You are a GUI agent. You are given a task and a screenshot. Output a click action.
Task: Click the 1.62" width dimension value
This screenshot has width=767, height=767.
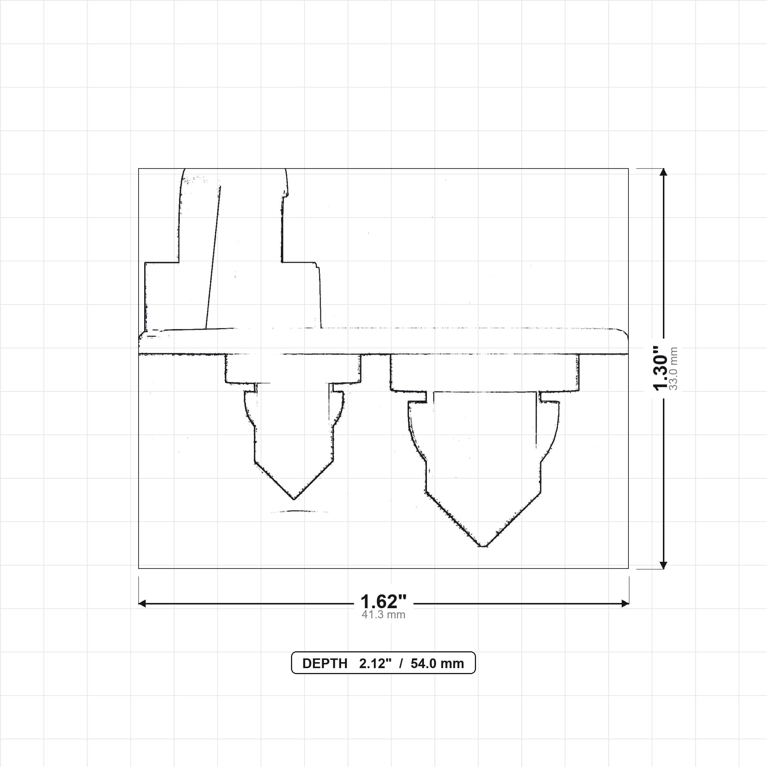coord(383,602)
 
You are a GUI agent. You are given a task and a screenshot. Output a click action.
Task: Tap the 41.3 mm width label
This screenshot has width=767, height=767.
coord(383,615)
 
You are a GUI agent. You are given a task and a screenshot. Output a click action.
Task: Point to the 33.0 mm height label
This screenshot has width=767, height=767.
coord(673,368)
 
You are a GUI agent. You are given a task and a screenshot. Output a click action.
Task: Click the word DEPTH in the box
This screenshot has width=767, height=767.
coord(325,664)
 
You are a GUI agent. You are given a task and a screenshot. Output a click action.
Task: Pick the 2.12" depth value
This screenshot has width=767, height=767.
coord(375,664)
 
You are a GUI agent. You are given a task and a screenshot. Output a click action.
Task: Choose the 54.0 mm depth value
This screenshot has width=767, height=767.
coord(437,664)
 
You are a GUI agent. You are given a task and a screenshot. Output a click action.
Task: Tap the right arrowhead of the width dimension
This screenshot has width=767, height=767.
coord(625,604)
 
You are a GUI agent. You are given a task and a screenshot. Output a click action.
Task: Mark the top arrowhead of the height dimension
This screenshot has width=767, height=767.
coord(663,172)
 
